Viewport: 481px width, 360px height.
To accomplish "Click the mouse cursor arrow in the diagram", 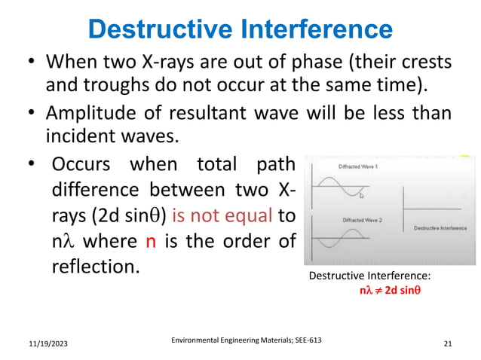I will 362,195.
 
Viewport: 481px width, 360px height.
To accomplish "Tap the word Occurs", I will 84,164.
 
